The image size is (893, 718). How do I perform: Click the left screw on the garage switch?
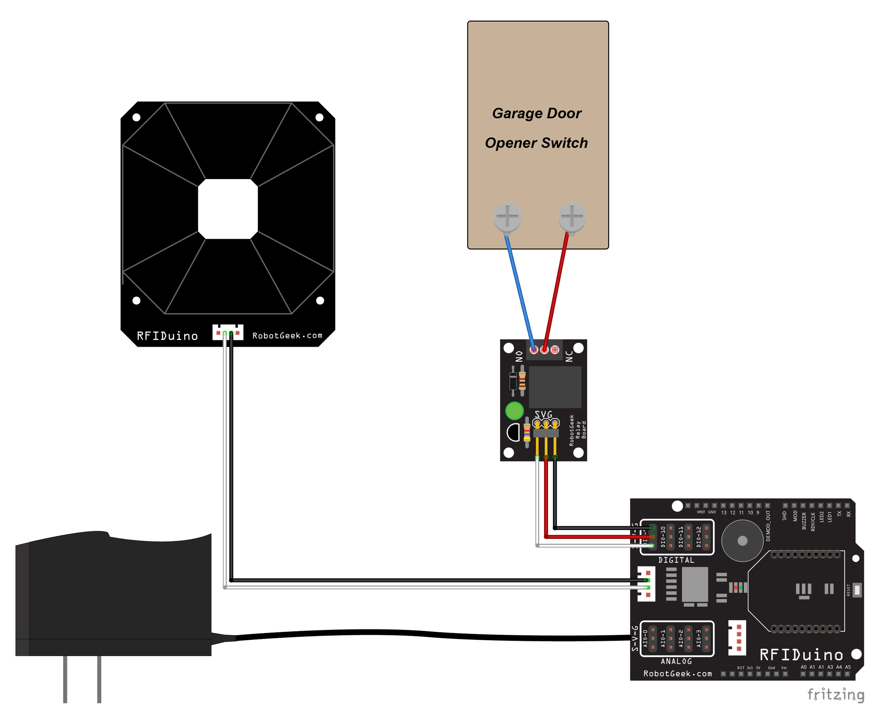[508, 217]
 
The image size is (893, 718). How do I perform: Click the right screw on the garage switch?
[572, 217]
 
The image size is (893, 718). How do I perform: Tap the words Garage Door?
[537, 114]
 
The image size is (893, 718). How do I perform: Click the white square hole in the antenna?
[228, 209]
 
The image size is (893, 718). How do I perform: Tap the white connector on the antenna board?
[228, 333]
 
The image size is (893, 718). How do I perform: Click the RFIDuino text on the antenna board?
[168, 336]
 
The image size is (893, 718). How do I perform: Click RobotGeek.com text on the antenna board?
[288, 336]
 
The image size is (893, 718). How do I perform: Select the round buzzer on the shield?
[743, 541]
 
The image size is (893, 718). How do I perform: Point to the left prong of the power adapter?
[65, 680]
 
